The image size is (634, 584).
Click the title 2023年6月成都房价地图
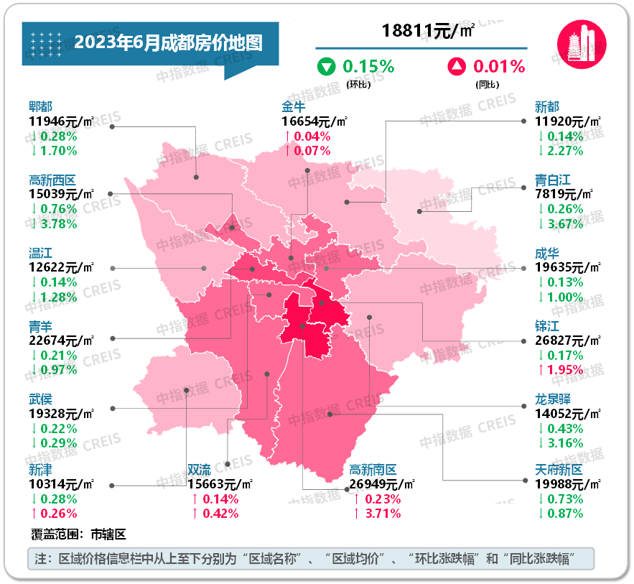pos(168,42)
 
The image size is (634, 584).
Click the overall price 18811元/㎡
pos(428,31)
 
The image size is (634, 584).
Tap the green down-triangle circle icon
pos(327,68)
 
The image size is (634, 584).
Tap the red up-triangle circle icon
pos(457,68)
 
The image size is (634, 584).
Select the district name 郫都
pos(40,106)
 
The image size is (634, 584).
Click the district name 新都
pos(547,106)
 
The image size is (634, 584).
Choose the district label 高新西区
pos(52,180)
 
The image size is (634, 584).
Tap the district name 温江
pos(40,253)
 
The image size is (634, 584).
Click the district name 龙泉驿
pos(554,399)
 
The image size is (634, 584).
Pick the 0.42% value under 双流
pos(220,514)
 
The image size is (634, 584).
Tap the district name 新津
pos(40,470)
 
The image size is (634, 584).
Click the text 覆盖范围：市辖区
pos(79,534)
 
